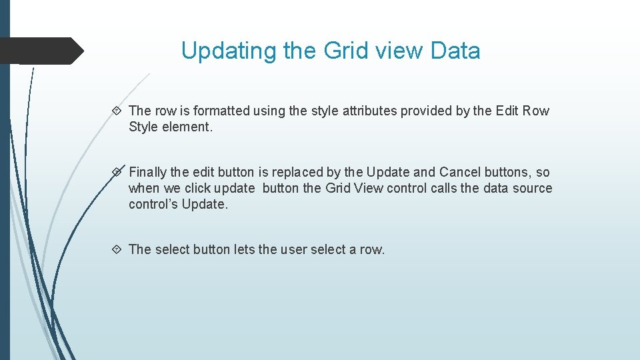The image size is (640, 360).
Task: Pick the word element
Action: tap(187, 127)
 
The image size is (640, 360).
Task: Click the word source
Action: tap(533, 189)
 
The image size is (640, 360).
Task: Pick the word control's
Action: tap(153, 205)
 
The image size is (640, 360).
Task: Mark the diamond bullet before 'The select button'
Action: tap(117, 250)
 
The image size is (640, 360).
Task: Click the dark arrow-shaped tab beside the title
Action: tap(41, 51)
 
